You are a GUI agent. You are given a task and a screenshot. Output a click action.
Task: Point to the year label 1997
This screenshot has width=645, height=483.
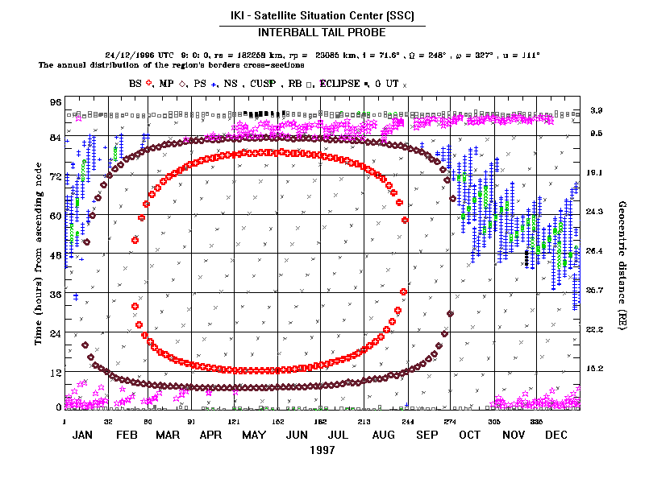point(322,451)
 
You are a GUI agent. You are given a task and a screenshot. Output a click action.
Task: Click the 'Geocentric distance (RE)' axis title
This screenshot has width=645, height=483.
point(622,258)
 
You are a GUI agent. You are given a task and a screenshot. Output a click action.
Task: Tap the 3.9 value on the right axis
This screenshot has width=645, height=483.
point(596,109)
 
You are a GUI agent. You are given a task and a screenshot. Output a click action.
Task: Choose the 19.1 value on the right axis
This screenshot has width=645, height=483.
point(596,173)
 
